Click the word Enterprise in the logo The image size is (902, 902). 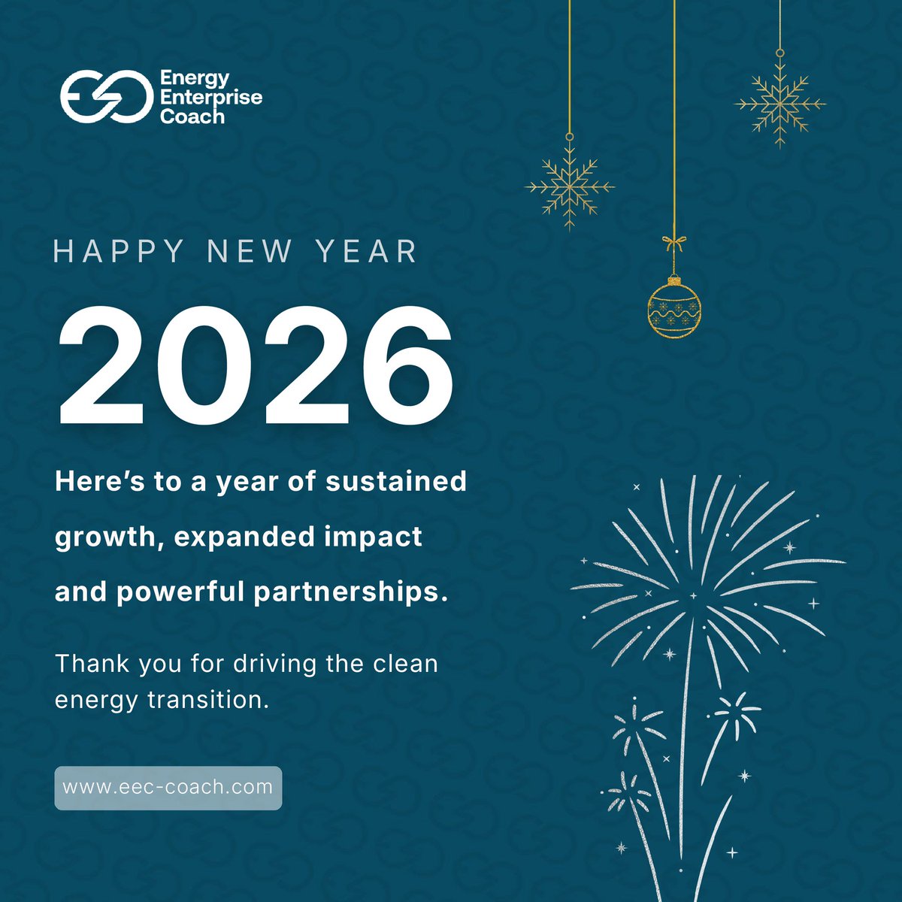point(211,98)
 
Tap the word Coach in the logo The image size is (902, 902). point(192,117)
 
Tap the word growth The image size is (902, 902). point(102,538)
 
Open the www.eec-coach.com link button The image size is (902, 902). point(168,788)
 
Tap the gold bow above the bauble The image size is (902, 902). point(673,244)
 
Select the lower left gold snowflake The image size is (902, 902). point(570,186)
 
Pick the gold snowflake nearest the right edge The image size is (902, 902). point(780,104)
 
